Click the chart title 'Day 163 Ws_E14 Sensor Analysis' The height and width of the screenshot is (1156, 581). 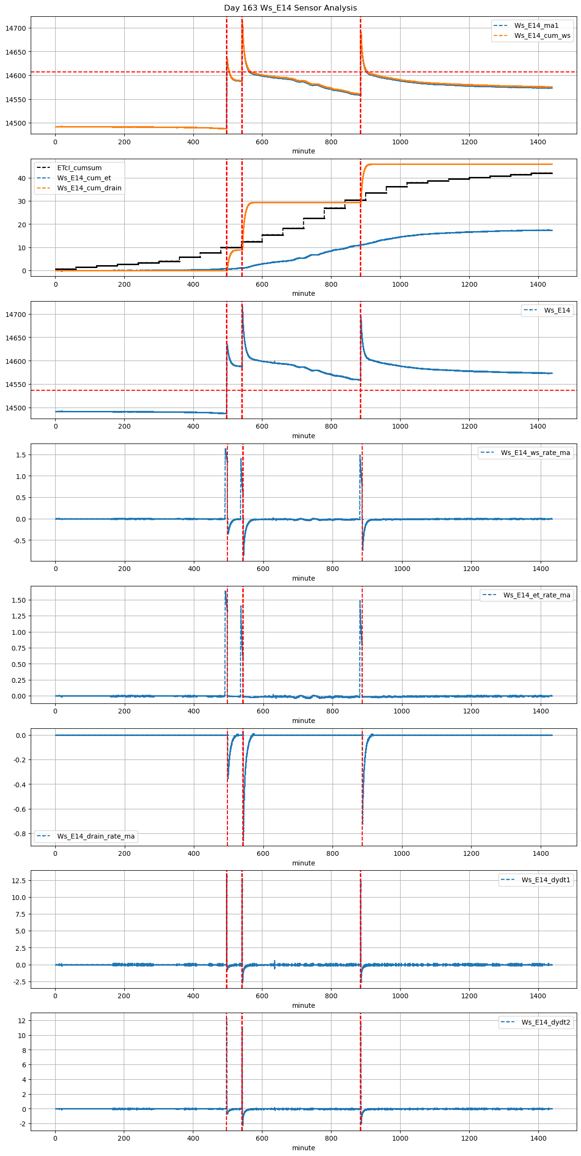tap(290, 8)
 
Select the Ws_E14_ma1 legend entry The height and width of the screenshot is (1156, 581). tap(536, 25)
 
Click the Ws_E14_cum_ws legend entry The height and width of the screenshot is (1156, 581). tap(542, 35)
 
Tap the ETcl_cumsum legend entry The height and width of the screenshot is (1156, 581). tap(79, 168)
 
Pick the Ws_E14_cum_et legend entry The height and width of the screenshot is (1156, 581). tap(84, 178)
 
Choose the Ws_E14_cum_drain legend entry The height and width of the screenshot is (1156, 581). tap(89, 188)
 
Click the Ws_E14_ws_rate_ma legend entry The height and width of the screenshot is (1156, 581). tap(535, 453)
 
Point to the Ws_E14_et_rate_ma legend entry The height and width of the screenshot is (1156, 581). tap(536, 595)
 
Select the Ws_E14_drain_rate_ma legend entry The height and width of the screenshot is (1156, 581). tap(96, 836)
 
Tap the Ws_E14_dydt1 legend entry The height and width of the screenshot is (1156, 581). tap(546, 880)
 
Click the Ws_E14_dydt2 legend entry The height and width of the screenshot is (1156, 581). tap(546, 1022)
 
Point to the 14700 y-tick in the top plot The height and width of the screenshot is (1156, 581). tap(16, 28)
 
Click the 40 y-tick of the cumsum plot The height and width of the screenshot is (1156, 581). tap(22, 178)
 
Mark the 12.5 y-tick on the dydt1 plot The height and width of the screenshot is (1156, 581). tap(19, 881)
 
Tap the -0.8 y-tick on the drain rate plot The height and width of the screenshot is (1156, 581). tap(20, 834)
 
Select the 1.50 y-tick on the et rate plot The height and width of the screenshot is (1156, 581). tap(18, 600)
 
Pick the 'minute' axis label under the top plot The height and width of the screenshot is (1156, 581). tap(304, 151)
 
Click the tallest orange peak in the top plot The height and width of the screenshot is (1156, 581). tap(242, 21)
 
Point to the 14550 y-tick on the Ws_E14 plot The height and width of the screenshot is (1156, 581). tap(16, 385)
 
